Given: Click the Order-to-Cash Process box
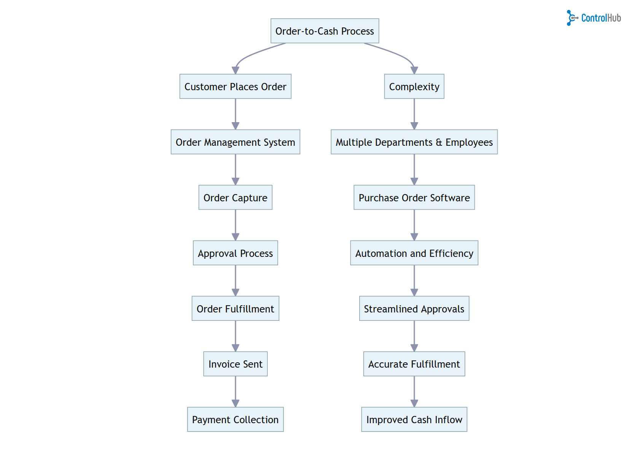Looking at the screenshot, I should point(325,31).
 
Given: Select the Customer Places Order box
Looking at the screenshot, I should point(235,86).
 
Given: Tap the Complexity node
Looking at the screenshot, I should point(414,86).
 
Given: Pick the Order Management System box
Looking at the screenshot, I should point(235,142).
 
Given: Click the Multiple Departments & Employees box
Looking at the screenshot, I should point(414,142).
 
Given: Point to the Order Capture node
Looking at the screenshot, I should point(235,198).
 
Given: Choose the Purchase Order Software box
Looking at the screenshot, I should point(414,198).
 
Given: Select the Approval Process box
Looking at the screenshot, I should point(235,253).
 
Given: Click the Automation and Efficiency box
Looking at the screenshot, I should point(414,253).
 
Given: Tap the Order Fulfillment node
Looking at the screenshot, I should point(235,309).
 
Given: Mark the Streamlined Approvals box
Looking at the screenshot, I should point(414,309).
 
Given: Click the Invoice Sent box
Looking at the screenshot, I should point(235,364).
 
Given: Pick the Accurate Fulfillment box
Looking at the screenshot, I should point(414,364).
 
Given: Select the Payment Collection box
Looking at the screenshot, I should point(235,419).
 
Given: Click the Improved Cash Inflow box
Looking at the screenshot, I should point(414,419).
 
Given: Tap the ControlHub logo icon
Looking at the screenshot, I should point(571,18).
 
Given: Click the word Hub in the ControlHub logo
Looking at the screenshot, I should point(614,18).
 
